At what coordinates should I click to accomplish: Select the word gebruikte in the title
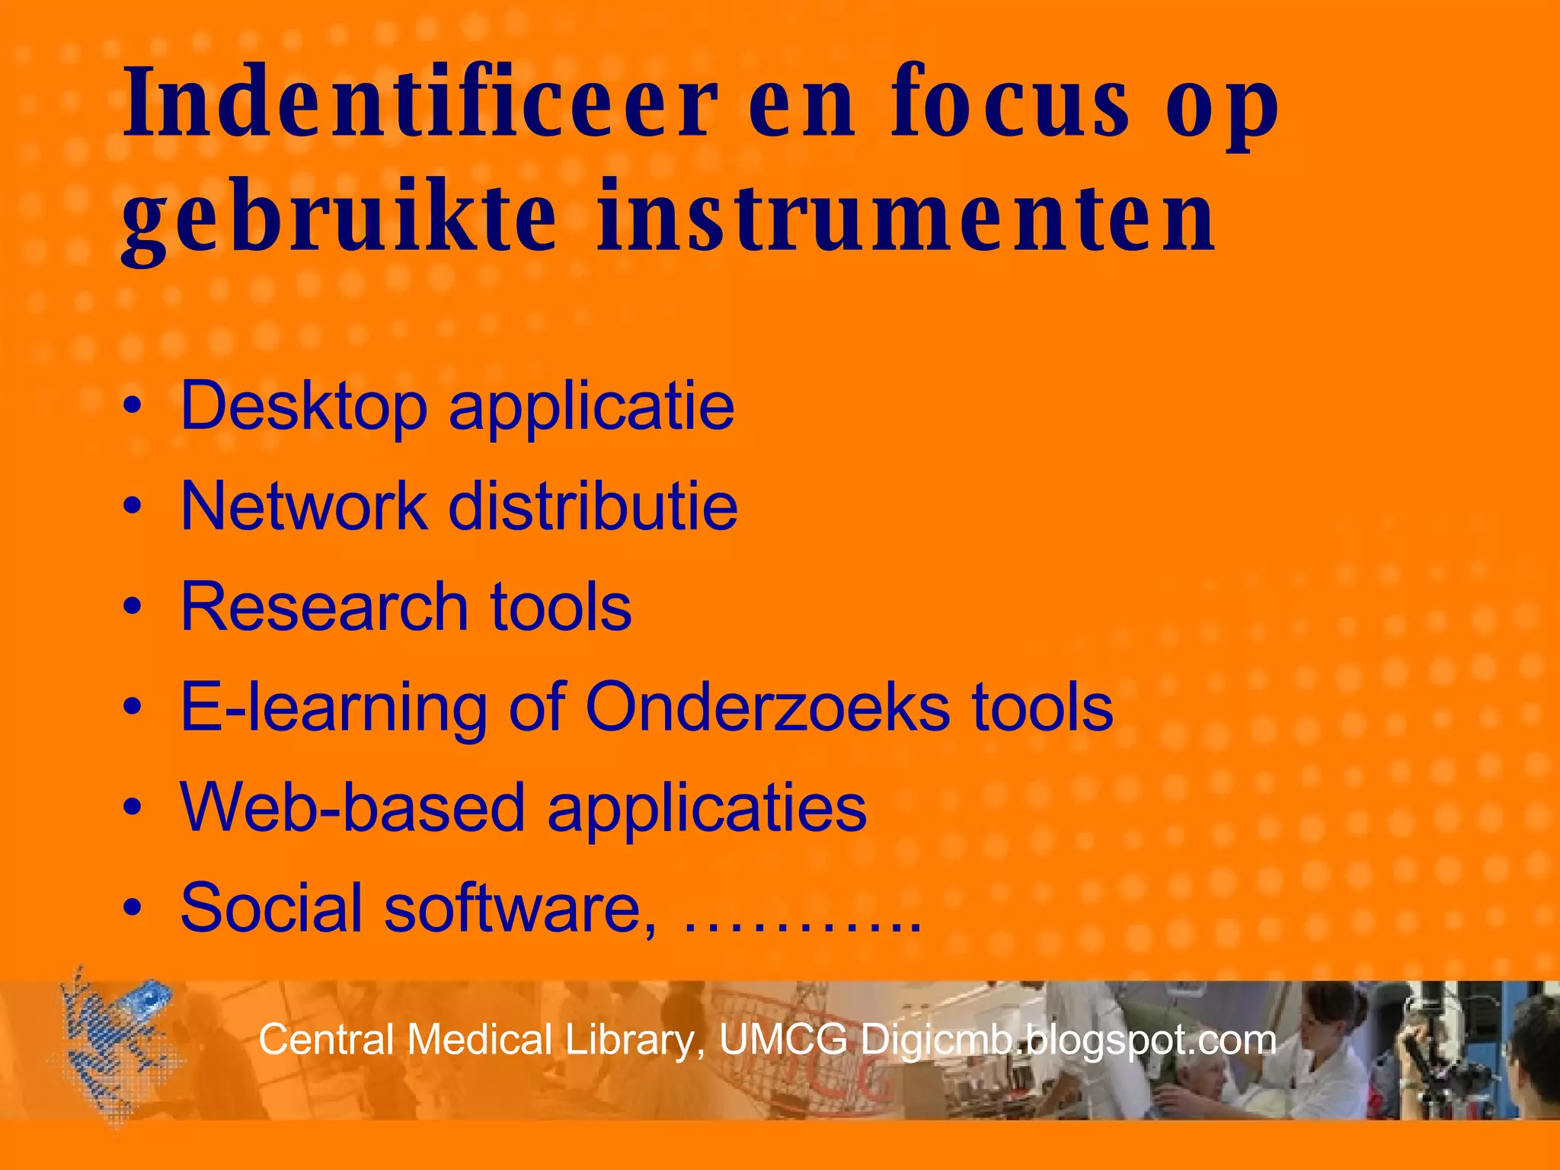pyautogui.click(x=339, y=219)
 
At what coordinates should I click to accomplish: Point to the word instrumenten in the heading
pyautogui.click(x=906, y=219)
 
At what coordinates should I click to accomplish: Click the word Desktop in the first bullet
pyautogui.click(x=303, y=407)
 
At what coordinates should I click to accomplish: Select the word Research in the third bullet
pyautogui.click(x=324, y=606)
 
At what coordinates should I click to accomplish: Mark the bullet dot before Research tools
pyautogui.click(x=133, y=607)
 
